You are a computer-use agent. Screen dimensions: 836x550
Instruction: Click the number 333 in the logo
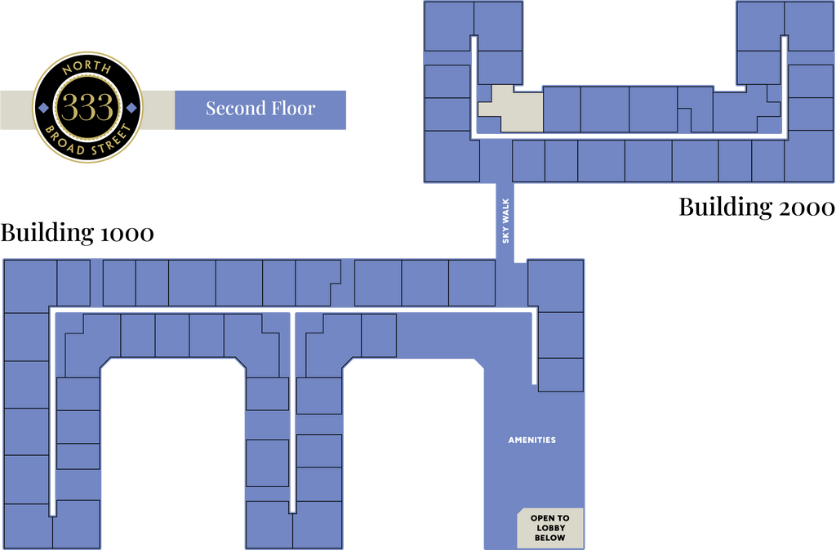(x=87, y=107)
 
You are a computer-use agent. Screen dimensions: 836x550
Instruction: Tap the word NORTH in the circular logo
(x=87, y=68)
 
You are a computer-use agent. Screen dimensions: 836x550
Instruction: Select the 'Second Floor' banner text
(x=260, y=109)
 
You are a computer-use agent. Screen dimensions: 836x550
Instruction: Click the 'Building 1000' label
(x=78, y=233)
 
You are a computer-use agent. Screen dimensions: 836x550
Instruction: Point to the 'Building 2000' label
(x=757, y=207)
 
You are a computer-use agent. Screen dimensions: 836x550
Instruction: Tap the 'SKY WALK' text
(x=505, y=221)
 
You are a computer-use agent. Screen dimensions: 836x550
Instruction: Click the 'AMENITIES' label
(x=532, y=440)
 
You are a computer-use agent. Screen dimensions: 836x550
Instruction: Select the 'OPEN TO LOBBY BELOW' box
(x=550, y=528)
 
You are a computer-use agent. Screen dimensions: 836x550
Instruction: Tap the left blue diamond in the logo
(x=44, y=108)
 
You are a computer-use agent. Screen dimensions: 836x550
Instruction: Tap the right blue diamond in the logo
(x=131, y=108)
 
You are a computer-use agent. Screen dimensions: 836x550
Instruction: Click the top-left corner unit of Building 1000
(x=30, y=286)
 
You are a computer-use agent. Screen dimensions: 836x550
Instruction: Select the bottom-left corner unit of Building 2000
(x=451, y=157)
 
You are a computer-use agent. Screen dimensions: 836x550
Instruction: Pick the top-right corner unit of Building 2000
(x=809, y=26)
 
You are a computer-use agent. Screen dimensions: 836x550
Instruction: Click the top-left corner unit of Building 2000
(x=449, y=26)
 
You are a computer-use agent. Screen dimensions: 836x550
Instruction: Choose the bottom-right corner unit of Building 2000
(x=809, y=156)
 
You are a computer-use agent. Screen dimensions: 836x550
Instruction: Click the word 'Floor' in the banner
(x=293, y=109)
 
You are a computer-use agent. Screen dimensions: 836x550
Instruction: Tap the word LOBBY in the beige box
(x=551, y=528)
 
